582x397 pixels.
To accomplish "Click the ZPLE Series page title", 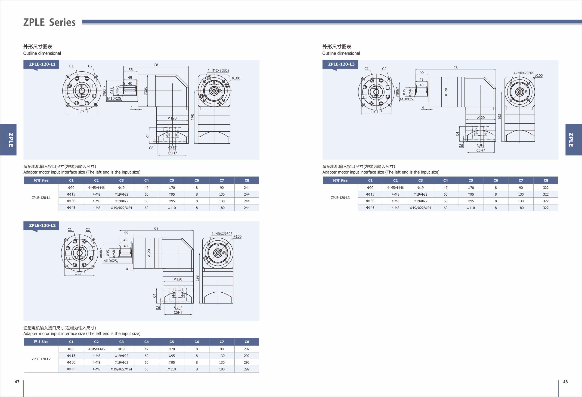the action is tap(49, 22).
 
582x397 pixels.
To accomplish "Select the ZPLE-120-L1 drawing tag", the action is tap(42, 64).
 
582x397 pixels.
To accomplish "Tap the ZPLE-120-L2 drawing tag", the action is tap(42, 225).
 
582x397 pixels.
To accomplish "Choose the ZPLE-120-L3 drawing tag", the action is tap(341, 64).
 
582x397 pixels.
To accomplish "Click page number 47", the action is tap(17, 382).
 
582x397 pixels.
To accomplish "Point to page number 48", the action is tap(565, 382).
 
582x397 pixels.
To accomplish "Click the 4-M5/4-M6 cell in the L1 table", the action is tap(96, 188).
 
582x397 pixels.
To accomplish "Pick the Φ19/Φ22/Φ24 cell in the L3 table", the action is tap(421, 208).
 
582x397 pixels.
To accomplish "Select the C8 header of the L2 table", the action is tap(247, 342).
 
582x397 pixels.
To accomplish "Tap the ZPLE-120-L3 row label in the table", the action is tap(340, 198).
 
